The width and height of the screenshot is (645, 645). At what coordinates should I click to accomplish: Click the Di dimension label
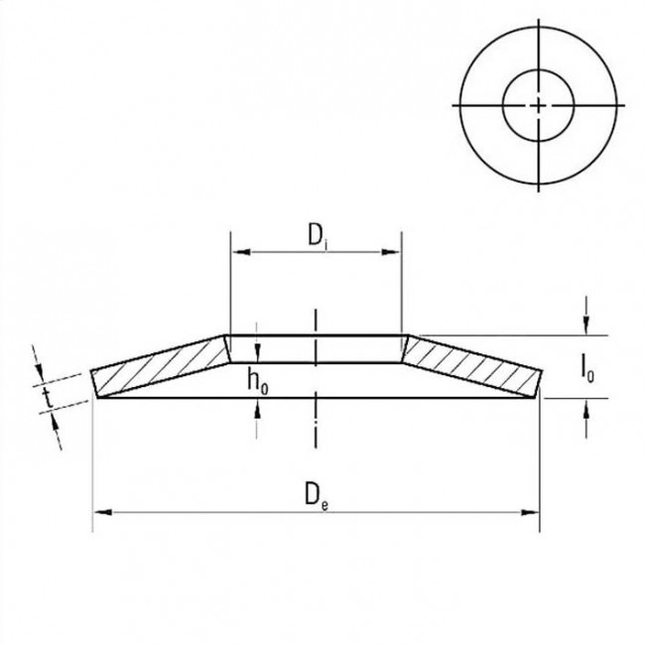[x=316, y=237]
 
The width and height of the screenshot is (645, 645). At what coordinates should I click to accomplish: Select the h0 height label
[x=257, y=380]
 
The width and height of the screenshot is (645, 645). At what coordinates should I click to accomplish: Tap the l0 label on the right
[x=587, y=367]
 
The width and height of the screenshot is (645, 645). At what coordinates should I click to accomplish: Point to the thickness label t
[x=47, y=398]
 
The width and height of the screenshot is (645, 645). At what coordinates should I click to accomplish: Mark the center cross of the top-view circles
[x=537, y=104]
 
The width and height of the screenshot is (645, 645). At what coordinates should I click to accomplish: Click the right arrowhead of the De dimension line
[x=533, y=512]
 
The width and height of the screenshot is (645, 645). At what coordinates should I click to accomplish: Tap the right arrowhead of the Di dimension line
[x=395, y=254]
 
